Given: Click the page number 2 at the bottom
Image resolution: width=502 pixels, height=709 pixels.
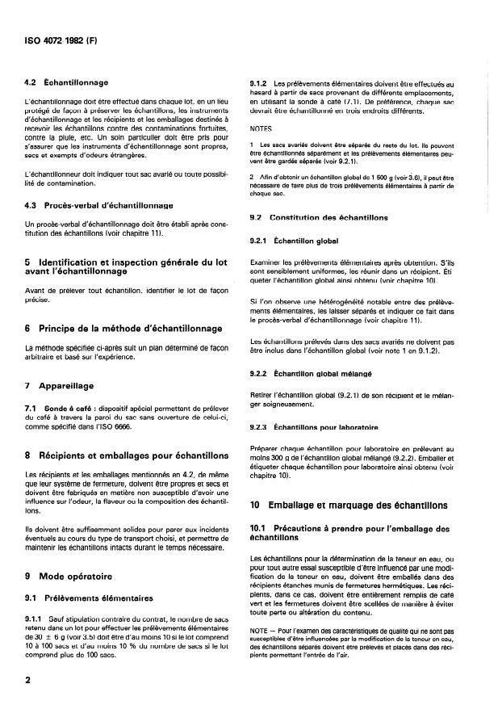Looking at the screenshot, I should (x=29, y=681).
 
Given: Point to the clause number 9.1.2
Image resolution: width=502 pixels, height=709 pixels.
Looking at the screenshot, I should (x=262, y=83).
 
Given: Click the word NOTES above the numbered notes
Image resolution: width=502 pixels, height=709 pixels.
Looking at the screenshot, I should (x=261, y=128).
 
